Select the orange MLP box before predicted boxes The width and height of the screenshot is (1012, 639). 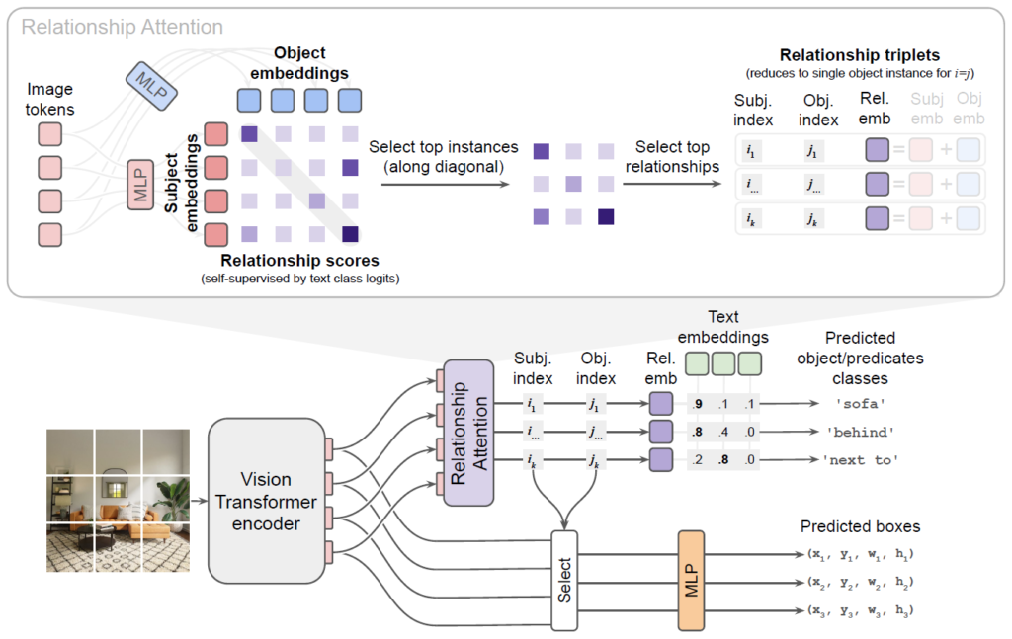[690, 581]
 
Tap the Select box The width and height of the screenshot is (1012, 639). [563, 582]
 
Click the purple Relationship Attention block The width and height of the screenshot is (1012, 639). [468, 433]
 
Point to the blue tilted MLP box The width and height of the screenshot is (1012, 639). [152, 82]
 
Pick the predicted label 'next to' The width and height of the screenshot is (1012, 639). [860, 460]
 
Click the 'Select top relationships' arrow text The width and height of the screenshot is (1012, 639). [677, 157]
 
